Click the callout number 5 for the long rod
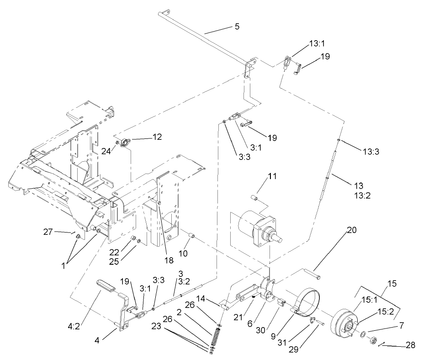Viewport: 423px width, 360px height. (237, 26)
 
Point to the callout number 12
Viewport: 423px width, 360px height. (157, 137)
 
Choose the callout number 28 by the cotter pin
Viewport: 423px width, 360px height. (410, 345)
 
